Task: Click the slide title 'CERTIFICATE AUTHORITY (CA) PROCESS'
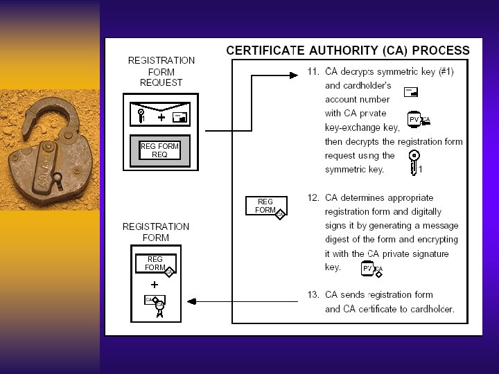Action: (x=348, y=51)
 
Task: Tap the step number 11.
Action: (x=313, y=71)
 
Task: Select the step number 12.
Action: (x=313, y=197)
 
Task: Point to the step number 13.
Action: (x=313, y=294)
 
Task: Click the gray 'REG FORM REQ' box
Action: (x=159, y=151)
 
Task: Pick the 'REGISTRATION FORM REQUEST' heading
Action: (x=161, y=71)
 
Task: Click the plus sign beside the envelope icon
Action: (x=161, y=118)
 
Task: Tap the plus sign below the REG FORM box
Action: (x=154, y=284)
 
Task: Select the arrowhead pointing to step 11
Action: (x=300, y=72)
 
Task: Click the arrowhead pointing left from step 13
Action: (x=192, y=301)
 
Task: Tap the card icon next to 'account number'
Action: (x=411, y=91)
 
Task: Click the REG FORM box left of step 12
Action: (x=265, y=206)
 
